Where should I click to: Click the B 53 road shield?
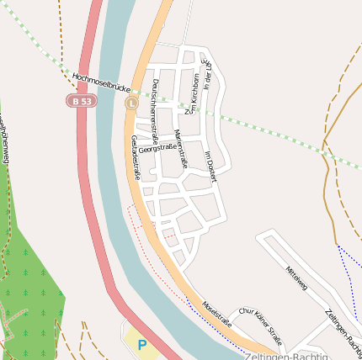(81, 101)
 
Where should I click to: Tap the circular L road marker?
(131, 103)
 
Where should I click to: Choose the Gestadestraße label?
(135, 157)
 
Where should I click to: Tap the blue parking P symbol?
(141, 345)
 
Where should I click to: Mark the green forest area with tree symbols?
(29, 286)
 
